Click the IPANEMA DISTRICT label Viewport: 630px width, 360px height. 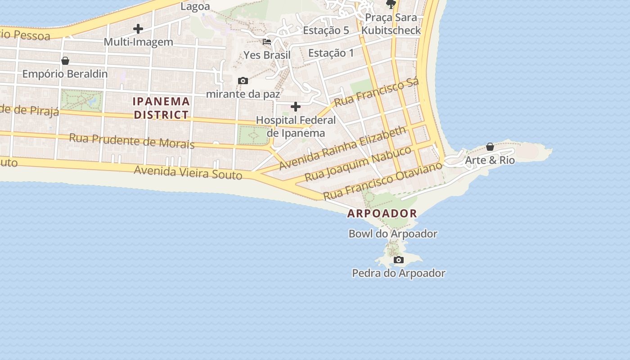[161, 108]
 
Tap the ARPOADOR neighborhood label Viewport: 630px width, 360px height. [382, 213]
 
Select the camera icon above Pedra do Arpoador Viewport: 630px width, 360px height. [398, 260]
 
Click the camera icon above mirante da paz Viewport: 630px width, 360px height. [243, 81]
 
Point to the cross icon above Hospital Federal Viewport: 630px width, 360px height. [296, 107]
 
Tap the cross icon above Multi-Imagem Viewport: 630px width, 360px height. [138, 29]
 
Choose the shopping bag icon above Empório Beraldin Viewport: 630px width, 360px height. [65, 60]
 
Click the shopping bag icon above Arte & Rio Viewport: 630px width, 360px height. [490, 147]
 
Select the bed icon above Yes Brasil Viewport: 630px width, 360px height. [267, 42]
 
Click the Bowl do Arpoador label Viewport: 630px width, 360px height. [393, 234]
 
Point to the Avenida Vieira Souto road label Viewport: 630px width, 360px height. [188, 172]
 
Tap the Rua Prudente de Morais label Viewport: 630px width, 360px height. [132, 141]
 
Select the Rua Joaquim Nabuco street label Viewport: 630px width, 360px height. [358, 163]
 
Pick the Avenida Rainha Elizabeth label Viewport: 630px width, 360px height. [342, 148]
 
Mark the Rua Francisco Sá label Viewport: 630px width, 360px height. [377, 92]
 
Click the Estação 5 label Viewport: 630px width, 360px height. [326, 31]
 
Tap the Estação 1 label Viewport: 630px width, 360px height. [331, 53]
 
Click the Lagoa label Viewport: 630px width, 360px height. [195, 6]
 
